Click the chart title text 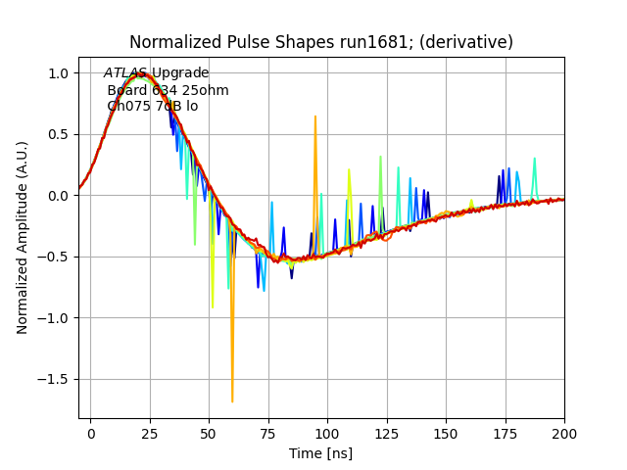[321, 42]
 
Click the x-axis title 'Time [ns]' [320, 453]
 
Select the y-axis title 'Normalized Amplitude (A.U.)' [23, 238]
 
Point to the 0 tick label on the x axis [91, 432]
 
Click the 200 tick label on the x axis [564, 432]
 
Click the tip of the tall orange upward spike [315, 117]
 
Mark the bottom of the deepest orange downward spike [232, 401]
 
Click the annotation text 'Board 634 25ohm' [168, 90]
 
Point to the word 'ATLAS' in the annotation [125, 73]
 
